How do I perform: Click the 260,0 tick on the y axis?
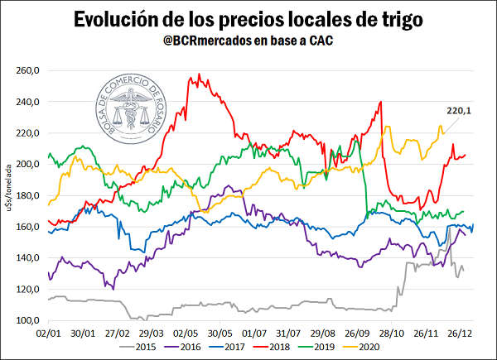[29, 70]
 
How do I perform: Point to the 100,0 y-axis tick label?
[29, 319]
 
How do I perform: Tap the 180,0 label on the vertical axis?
[29, 195]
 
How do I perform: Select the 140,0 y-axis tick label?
[29, 257]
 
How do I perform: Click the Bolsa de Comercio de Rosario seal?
[128, 110]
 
